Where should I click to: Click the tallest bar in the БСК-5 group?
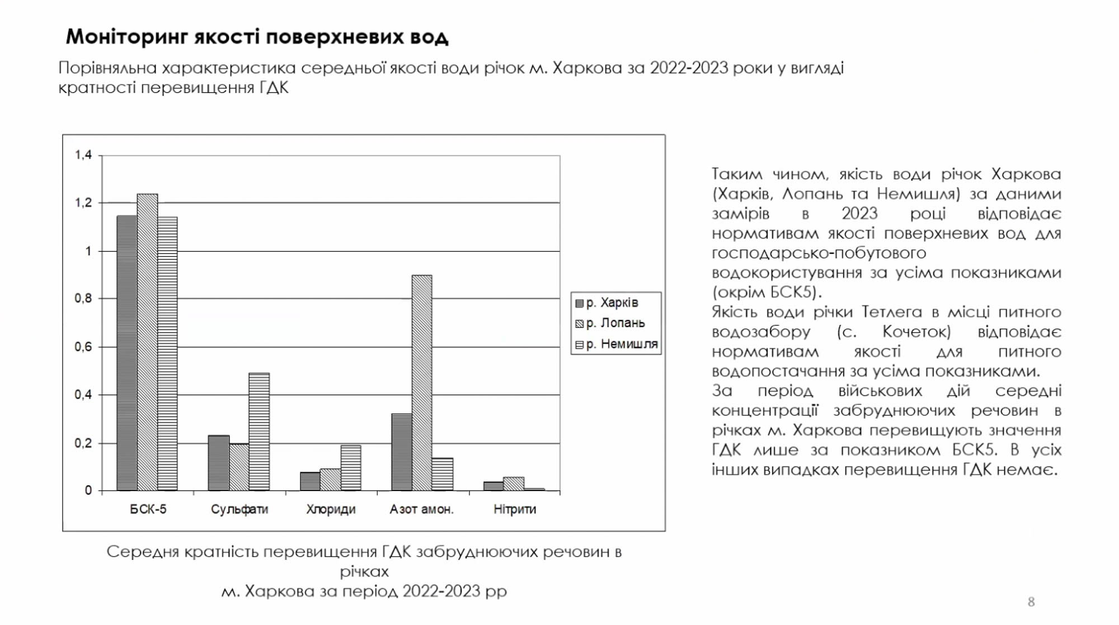[x=147, y=342]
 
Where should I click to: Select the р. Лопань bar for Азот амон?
[x=422, y=383]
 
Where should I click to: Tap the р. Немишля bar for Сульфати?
[x=259, y=432]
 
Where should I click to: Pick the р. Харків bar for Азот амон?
[x=402, y=452]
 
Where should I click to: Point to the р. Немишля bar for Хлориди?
[x=351, y=468]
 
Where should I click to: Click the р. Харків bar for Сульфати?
[x=219, y=463]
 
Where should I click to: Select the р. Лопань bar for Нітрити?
[x=514, y=484]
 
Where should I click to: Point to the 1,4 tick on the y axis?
[x=83, y=155]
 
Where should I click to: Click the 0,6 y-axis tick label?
[x=83, y=347]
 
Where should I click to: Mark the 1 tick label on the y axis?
[x=88, y=251]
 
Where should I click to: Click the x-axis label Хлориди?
[x=331, y=509]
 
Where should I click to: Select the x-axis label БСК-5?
[x=148, y=509]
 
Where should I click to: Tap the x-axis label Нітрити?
[x=515, y=509]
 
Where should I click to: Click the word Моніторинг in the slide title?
[x=126, y=37]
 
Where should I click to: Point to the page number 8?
[x=1031, y=602]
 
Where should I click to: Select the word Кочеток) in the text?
[x=916, y=332]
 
